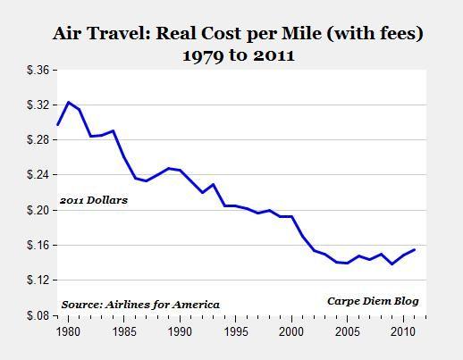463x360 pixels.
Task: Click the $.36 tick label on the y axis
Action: [x=39, y=70]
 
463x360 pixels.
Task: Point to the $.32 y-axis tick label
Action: [x=39, y=105]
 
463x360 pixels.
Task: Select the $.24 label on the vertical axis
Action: [x=39, y=175]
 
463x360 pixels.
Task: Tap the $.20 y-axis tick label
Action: [x=39, y=210]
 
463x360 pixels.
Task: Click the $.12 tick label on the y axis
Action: [x=39, y=280]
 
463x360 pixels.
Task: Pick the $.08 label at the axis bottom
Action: [x=39, y=315]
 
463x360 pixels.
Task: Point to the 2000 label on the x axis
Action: [x=291, y=331]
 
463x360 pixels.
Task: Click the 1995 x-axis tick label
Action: [x=236, y=331]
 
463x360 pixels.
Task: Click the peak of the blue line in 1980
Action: [x=69, y=103]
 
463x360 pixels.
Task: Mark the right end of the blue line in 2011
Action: [x=415, y=249]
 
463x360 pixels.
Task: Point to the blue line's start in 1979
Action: [x=58, y=124]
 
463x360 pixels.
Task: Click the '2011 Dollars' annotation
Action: [x=94, y=200]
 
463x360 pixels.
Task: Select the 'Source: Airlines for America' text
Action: [x=140, y=305]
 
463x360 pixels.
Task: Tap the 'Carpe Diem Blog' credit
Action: [x=372, y=301]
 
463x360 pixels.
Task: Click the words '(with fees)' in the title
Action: [x=381, y=34]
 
